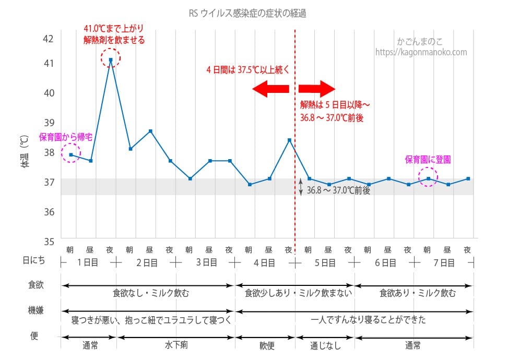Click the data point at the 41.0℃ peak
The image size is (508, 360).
111,60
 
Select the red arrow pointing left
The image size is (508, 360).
270,89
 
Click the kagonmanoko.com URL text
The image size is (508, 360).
421,52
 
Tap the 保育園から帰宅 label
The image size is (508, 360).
66,137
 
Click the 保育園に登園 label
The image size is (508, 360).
428,160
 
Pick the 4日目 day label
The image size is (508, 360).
264,263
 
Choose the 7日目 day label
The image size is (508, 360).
444,263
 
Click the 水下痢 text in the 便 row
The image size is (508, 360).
175,345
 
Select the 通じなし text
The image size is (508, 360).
324,345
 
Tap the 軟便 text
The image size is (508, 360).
264,345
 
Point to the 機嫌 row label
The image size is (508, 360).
36,310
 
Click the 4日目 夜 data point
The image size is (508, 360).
289,140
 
